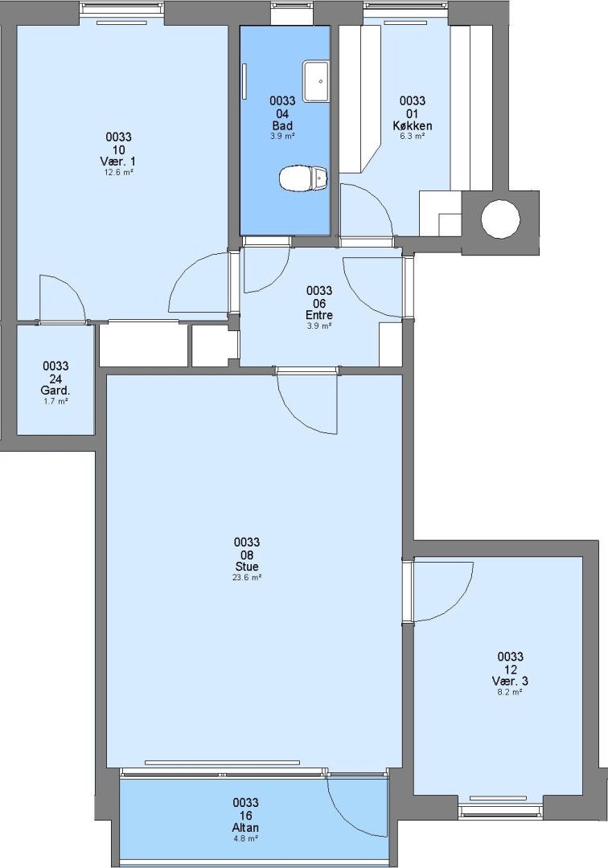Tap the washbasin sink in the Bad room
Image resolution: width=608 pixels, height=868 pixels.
tap(315, 81)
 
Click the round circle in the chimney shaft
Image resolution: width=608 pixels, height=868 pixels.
tap(500, 219)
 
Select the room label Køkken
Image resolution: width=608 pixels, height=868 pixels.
tap(413, 125)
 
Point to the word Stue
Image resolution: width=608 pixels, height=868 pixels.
tap(247, 567)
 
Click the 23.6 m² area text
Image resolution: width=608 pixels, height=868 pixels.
tap(247, 577)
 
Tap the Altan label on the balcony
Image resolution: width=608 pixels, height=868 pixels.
tap(245, 828)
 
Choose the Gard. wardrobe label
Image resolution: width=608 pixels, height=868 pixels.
tap(55, 391)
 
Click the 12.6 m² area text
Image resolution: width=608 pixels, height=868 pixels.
tap(118, 172)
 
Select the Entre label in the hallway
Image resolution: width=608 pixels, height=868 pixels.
tap(319, 315)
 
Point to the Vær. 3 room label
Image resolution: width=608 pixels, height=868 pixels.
tap(510, 681)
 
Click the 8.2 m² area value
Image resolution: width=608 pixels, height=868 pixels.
tap(510, 692)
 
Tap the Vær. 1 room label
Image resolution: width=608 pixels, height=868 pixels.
tap(118, 161)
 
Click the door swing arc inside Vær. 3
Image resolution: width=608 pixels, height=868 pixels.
tap(458, 604)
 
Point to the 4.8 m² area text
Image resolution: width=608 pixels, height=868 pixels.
tap(245, 838)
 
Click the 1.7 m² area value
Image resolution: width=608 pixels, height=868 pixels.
tap(55, 401)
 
